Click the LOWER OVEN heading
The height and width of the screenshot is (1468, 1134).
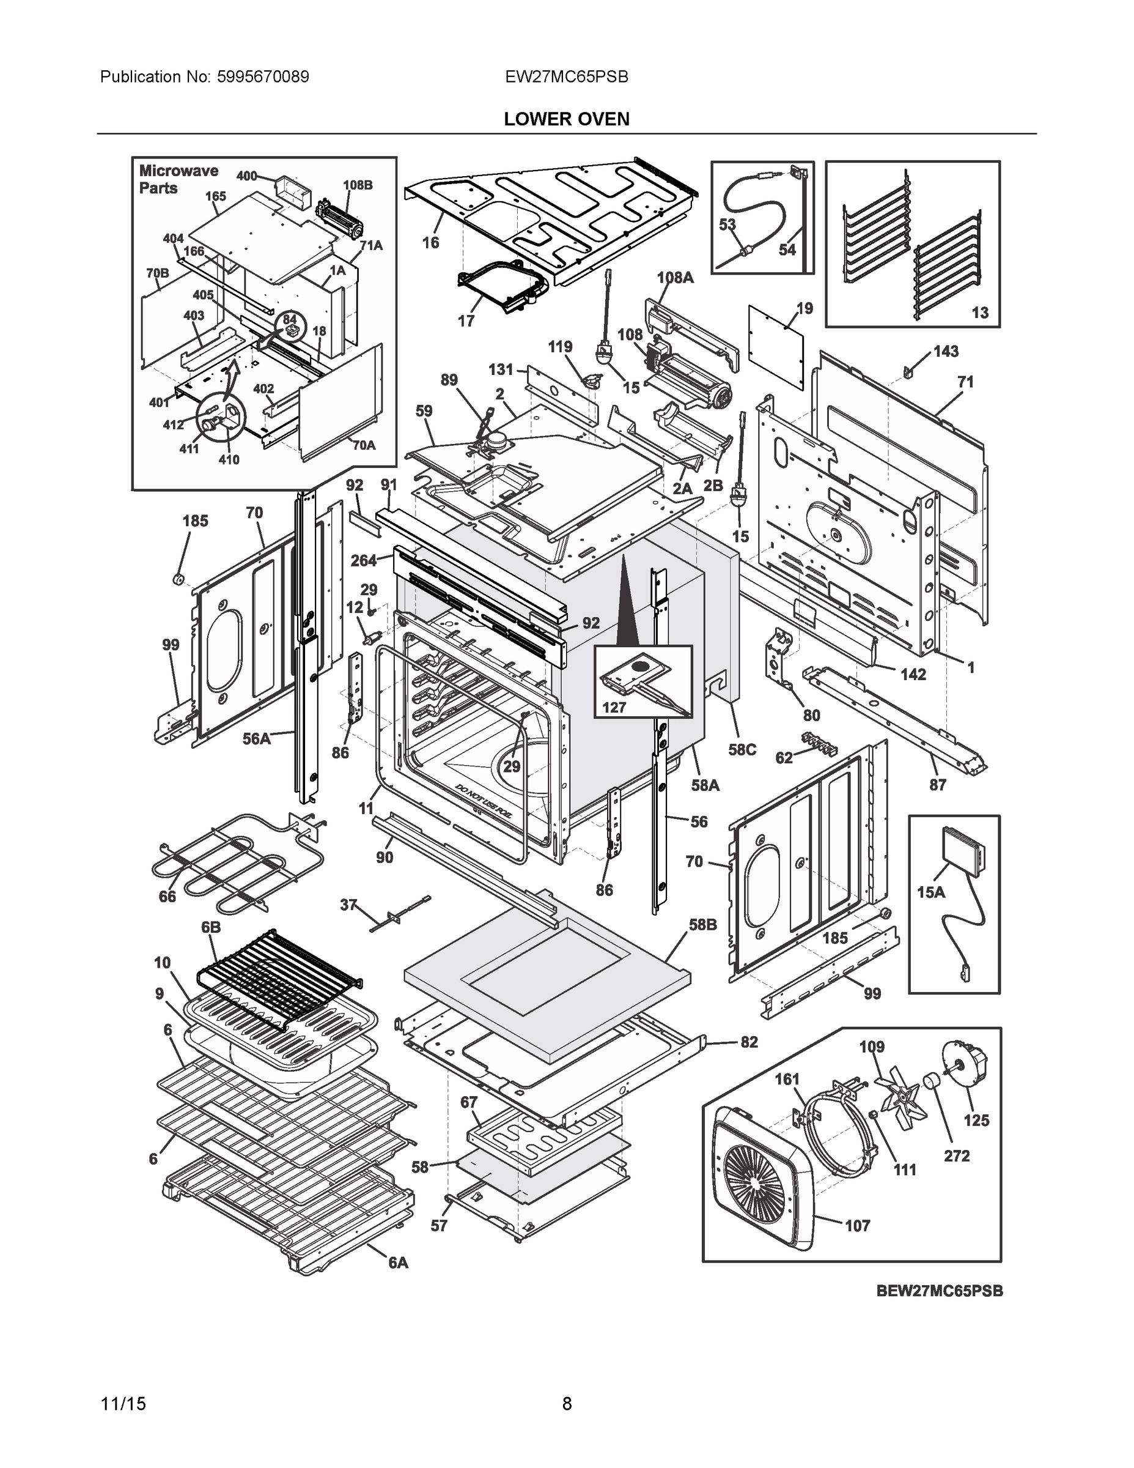tap(566, 119)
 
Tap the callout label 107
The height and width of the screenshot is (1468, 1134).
tap(856, 1225)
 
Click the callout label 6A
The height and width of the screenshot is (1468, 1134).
tap(398, 1263)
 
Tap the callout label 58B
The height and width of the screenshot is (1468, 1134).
tap(702, 925)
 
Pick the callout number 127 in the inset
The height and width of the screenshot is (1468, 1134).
tap(614, 707)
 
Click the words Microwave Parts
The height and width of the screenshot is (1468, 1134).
tap(177, 179)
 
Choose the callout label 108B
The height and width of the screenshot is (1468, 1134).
tap(358, 185)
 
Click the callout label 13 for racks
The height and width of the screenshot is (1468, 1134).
tap(979, 313)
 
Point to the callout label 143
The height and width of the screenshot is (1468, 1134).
tap(945, 352)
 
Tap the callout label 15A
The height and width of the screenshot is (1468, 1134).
tap(930, 892)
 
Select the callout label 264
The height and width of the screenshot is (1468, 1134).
tap(364, 560)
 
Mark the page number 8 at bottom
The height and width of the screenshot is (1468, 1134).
tap(566, 1404)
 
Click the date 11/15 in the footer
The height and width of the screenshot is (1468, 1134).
tap(123, 1404)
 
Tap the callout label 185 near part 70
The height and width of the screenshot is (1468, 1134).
tap(195, 521)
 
